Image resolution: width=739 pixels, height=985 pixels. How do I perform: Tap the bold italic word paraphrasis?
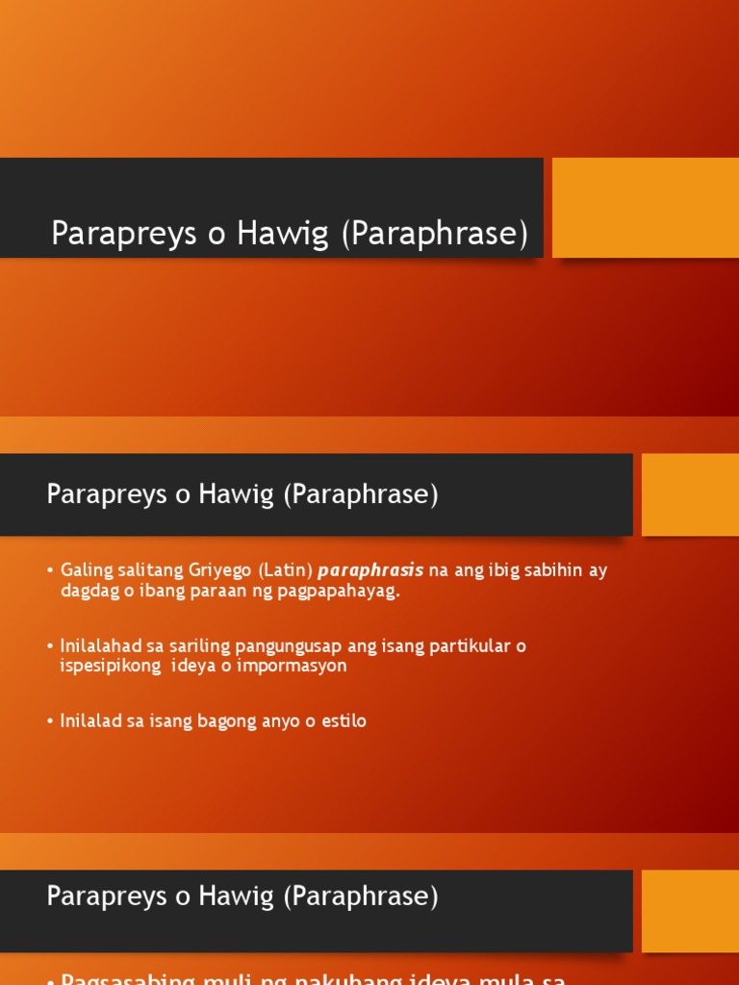[x=370, y=570]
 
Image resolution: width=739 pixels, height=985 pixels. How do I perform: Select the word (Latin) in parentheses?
[x=285, y=570]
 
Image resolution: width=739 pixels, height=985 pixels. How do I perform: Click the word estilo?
[x=344, y=720]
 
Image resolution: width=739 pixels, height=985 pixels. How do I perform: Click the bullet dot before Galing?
[x=50, y=571]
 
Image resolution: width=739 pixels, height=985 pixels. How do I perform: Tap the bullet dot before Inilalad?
[x=50, y=721]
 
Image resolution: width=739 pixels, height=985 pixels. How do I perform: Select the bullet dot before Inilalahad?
[x=50, y=646]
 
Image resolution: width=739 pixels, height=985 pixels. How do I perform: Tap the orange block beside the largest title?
[x=645, y=208]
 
